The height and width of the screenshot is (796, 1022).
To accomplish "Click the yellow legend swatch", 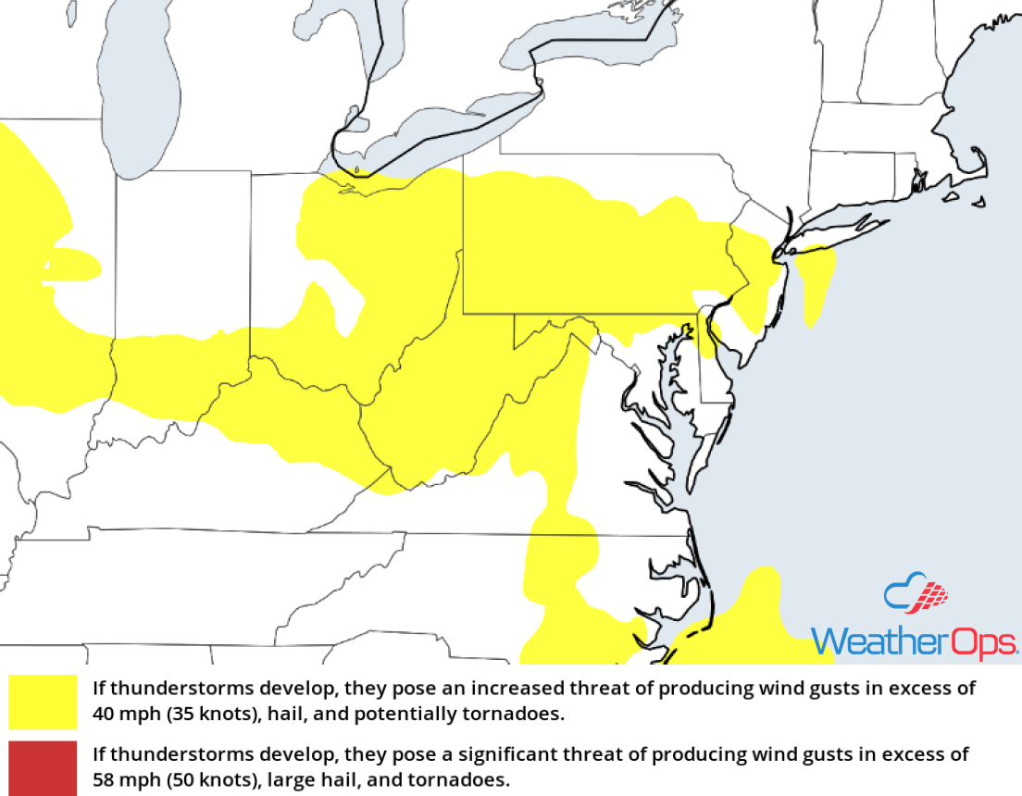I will coord(43,702).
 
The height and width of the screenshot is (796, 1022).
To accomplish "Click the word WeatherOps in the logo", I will coord(914,641).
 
